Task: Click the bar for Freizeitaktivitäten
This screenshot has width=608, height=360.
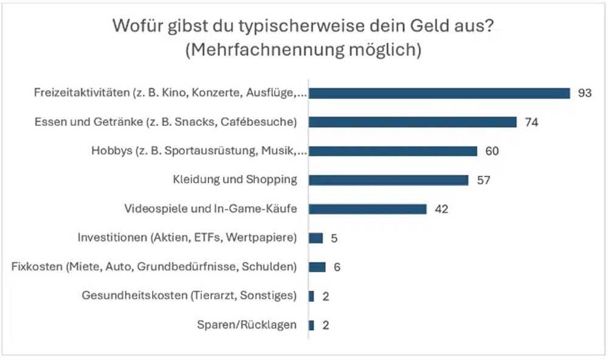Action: pyautogui.click(x=439, y=93)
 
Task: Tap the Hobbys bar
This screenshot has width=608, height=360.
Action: pyautogui.click(x=393, y=151)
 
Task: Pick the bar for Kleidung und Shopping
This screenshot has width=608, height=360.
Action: pyautogui.click(x=389, y=180)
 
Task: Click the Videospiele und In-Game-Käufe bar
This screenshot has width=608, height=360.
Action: pyautogui.click(x=367, y=209)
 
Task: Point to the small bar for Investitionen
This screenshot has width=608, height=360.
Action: pyautogui.click(x=316, y=238)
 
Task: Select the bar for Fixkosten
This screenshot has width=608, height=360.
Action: pyautogui.click(x=317, y=267)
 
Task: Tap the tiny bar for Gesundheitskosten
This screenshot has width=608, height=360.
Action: pyautogui.click(x=311, y=296)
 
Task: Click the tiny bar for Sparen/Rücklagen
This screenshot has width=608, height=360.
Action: pyautogui.click(x=311, y=325)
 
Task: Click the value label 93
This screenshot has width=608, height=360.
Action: pyautogui.click(x=585, y=93)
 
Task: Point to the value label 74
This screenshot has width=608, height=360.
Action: pyautogui.click(x=532, y=122)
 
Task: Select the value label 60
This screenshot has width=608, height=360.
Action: pyautogui.click(x=492, y=151)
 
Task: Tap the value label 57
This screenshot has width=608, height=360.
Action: pyautogui.click(x=483, y=180)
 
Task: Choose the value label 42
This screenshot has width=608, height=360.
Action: pyautogui.click(x=441, y=209)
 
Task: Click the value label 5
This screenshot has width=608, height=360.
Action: pyautogui.click(x=334, y=238)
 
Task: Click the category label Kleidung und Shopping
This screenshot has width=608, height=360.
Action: pyautogui.click(x=235, y=180)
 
